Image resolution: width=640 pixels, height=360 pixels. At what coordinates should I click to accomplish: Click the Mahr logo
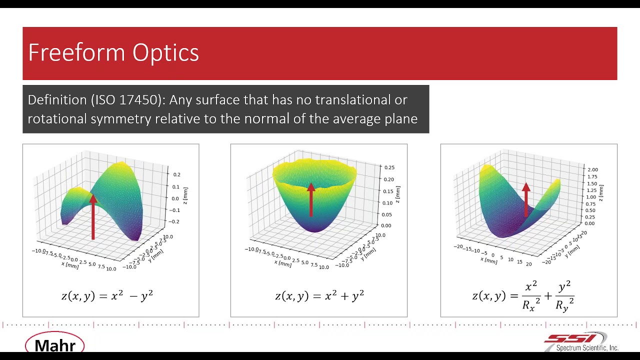[x=55, y=345]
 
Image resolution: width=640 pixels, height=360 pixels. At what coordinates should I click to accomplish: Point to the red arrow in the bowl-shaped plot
[x=311, y=199]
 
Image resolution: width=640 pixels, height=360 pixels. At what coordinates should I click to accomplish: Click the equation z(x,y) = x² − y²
[x=107, y=296]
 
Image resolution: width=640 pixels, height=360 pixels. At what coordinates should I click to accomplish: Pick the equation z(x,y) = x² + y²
[x=319, y=296]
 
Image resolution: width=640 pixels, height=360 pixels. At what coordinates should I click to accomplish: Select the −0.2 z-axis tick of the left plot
[x=176, y=221]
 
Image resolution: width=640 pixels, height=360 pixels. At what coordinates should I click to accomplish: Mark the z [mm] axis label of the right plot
[x=601, y=193]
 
